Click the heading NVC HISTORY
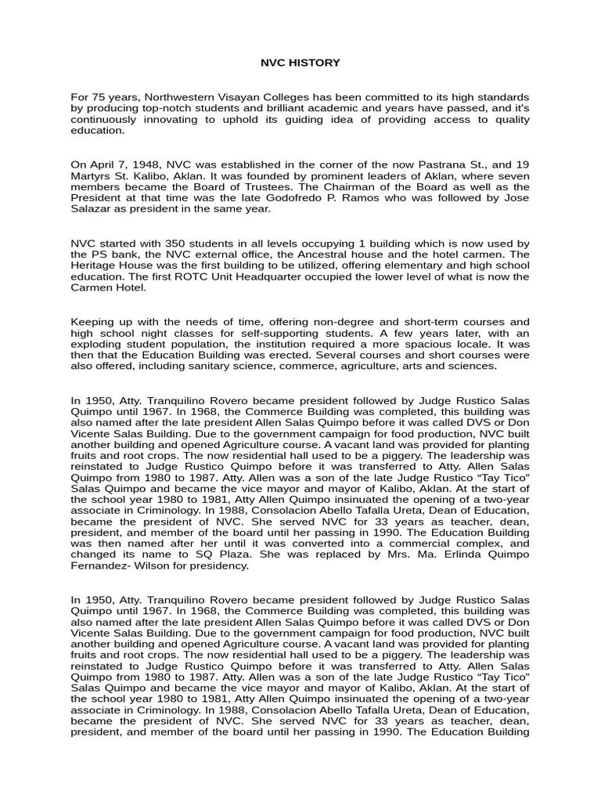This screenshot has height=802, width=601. [300, 62]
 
